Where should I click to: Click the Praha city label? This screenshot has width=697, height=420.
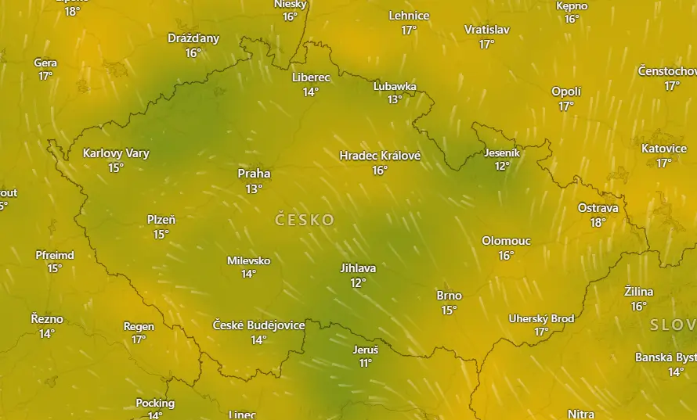point(254,174)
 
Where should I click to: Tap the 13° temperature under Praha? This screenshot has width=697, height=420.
point(254,188)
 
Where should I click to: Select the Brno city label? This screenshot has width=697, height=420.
point(449,296)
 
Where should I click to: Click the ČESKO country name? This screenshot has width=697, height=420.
point(305,220)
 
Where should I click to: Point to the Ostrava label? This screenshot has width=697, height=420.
point(598,208)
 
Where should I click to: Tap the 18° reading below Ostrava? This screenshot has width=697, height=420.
point(598,222)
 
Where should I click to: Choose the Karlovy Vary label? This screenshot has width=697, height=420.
point(116,153)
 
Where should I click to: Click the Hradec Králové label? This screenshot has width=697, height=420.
point(380,156)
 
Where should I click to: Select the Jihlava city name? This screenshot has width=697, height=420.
point(358,268)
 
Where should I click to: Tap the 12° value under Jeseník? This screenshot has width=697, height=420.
point(502,166)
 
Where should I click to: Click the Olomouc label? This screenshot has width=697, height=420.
point(506,241)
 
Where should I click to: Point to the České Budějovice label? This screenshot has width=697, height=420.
point(258,325)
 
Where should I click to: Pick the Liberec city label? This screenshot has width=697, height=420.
point(311,77)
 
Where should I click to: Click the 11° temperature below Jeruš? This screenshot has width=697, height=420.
point(365,363)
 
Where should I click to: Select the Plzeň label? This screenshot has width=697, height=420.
point(161,220)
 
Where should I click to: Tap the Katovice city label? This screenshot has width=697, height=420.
point(663,149)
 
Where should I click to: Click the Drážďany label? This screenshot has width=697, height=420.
point(193,38)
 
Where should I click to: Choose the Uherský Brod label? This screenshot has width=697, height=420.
point(541,318)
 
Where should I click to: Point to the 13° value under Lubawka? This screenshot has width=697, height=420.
point(394,99)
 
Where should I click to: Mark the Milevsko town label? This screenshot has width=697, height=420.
point(248,260)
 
